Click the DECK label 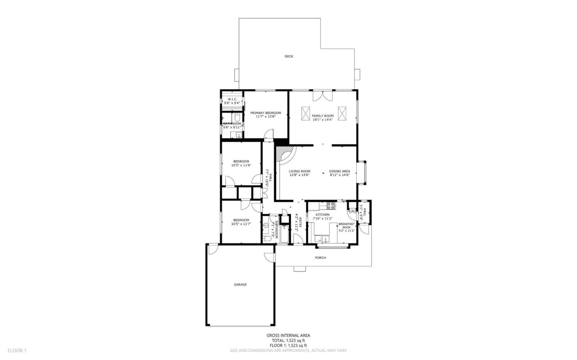[288, 56]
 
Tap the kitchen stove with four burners [331, 206]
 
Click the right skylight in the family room [342, 113]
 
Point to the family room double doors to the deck [323, 96]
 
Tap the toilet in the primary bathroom [238, 118]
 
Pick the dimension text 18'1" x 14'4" [323, 119]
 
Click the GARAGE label [240, 285]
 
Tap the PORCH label [320, 257]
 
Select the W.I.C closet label [232, 99]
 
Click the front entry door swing [298, 239]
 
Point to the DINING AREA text [339, 171]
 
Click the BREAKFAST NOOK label [346, 225]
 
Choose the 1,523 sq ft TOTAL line [288, 340]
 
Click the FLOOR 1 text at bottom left [17, 350]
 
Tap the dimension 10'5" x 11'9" [241, 165]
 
